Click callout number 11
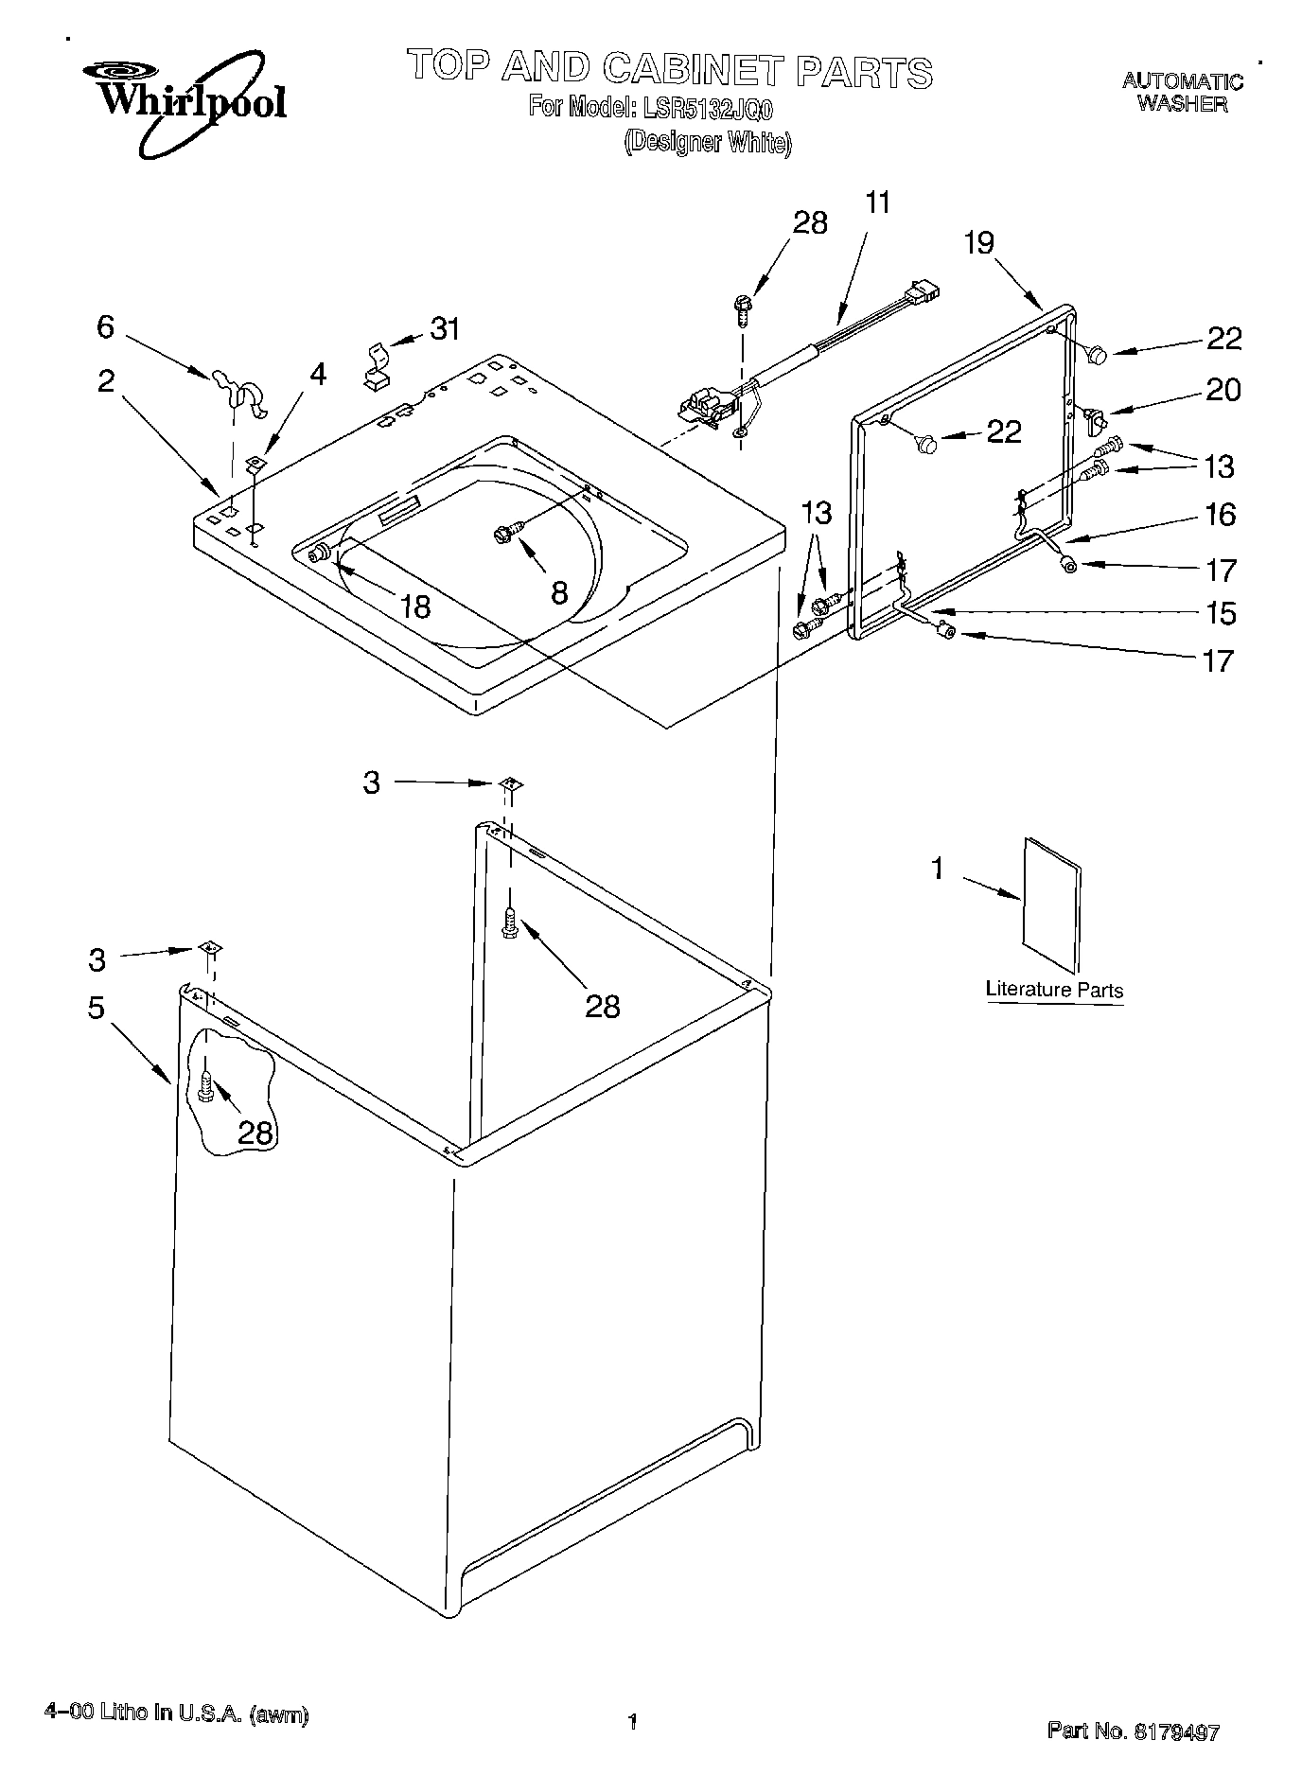tap(878, 202)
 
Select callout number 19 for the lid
tap(979, 243)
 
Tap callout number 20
tap(1222, 390)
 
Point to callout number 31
tap(445, 329)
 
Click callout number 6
tap(106, 327)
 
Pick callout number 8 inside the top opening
tap(559, 593)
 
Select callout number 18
tap(415, 606)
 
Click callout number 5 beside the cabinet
tap(97, 1009)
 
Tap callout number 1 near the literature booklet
tap(938, 868)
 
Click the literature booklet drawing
tap(1051, 904)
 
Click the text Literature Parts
tap(1054, 991)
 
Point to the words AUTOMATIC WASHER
tap(1182, 93)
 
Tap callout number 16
tap(1221, 515)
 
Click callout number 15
tap(1222, 613)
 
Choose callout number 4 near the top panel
tap(318, 375)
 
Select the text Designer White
tap(707, 143)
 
